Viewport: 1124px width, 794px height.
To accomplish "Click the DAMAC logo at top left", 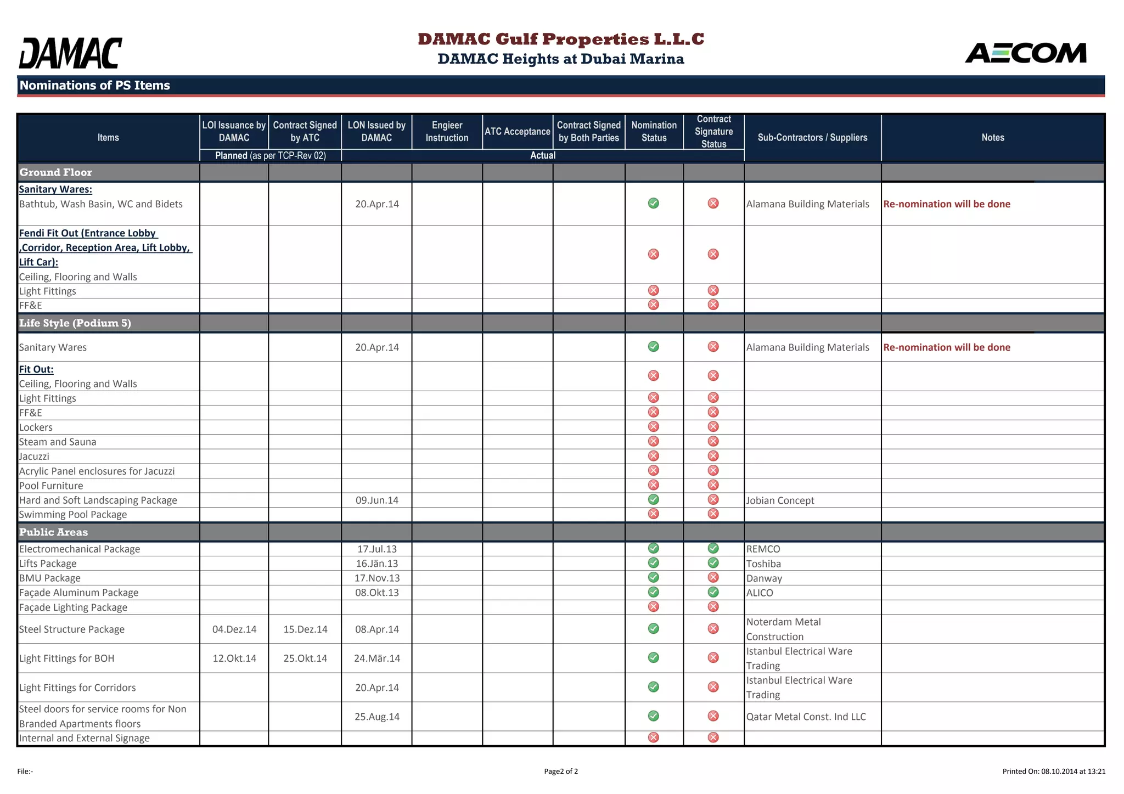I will (x=70, y=53).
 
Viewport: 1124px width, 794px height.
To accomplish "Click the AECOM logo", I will (x=1025, y=53).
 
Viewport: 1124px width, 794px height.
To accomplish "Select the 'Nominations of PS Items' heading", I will (x=95, y=86).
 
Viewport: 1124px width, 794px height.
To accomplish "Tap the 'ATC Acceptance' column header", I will (x=517, y=132).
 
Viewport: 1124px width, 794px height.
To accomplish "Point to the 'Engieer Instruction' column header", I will (x=447, y=132).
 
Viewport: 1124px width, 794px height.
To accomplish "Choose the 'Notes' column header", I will (x=992, y=138).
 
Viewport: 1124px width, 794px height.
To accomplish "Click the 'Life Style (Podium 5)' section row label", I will (x=75, y=323).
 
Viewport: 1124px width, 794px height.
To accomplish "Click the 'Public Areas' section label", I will (x=54, y=532).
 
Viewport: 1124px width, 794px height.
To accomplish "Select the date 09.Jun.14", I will (x=377, y=500).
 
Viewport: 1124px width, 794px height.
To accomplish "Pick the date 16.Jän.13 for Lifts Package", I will (x=377, y=564).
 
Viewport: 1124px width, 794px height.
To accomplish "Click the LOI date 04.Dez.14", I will (x=234, y=629).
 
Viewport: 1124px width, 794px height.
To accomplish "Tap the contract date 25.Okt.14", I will (x=305, y=658).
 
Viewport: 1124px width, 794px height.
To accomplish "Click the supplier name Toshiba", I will (x=763, y=564).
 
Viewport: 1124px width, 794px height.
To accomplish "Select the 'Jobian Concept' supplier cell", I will (x=780, y=500).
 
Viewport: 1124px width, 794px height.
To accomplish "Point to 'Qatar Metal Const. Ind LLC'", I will (x=806, y=717).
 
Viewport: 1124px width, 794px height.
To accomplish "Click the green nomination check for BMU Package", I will (x=653, y=577).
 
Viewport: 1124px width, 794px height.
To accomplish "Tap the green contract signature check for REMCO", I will (x=713, y=548).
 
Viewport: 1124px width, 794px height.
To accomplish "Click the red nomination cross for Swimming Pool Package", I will (x=653, y=514).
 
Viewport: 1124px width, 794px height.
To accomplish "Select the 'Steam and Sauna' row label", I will (x=58, y=442).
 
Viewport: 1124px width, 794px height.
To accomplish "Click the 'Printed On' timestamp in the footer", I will (x=1053, y=772).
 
